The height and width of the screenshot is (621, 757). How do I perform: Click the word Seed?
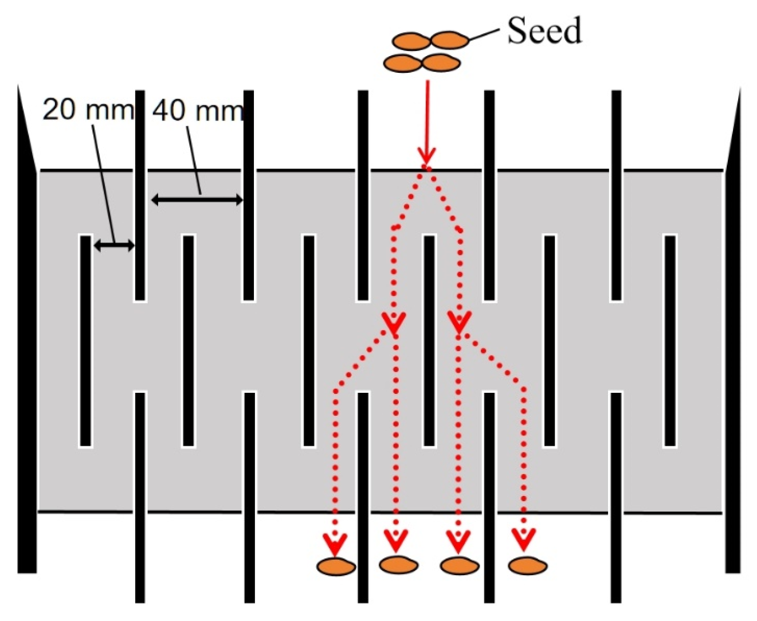click(544, 30)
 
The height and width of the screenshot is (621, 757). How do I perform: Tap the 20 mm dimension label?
click(87, 108)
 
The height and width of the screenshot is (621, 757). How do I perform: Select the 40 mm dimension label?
click(197, 110)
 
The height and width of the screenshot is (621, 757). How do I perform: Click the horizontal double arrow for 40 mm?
click(197, 200)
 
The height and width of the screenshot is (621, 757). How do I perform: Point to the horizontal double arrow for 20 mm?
click(114, 245)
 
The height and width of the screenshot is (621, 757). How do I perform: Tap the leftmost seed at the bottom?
click(336, 566)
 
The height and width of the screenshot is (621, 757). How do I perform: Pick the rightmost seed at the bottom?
click(527, 566)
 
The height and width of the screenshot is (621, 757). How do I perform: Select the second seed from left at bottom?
click(398, 565)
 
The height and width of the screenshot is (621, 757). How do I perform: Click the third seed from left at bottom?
click(460, 566)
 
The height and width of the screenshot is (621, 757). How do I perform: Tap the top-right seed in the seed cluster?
click(449, 40)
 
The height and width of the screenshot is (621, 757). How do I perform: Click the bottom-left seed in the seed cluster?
click(403, 63)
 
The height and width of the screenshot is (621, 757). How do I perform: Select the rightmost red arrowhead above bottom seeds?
click(524, 540)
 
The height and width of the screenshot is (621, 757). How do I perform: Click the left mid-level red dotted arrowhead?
click(394, 323)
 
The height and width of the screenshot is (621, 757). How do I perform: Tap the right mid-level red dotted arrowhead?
click(459, 323)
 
